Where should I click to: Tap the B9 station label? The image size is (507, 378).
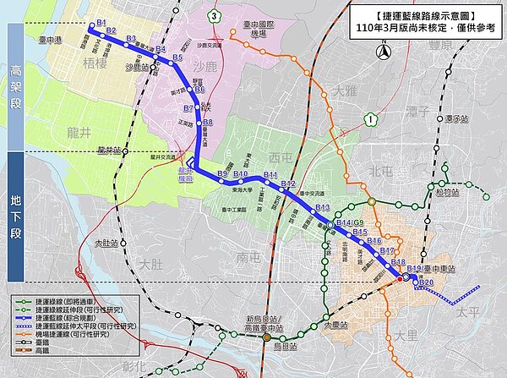[222, 174]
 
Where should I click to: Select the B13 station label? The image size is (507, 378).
[321, 207]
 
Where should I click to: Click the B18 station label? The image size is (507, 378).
[399, 262]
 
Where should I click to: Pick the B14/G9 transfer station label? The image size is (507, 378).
[349, 222]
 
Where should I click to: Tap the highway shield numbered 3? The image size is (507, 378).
[215, 16]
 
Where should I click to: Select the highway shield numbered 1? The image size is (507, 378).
[372, 119]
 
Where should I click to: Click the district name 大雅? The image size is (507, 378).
[346, 89]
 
